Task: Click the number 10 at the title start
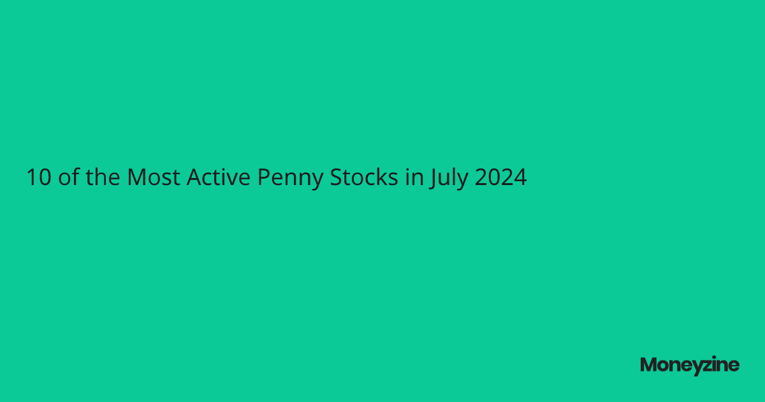pos(38,177)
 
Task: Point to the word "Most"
pos(154,177)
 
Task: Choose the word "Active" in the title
pos(219,177)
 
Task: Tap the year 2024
pos(500,177)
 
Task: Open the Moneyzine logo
pos(690,365)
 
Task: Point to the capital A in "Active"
pos(194,177)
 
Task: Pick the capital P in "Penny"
pos(264,177)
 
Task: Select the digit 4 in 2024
pos(520,177)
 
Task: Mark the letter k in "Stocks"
pos(381,177)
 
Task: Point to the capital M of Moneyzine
pos(650,365)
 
